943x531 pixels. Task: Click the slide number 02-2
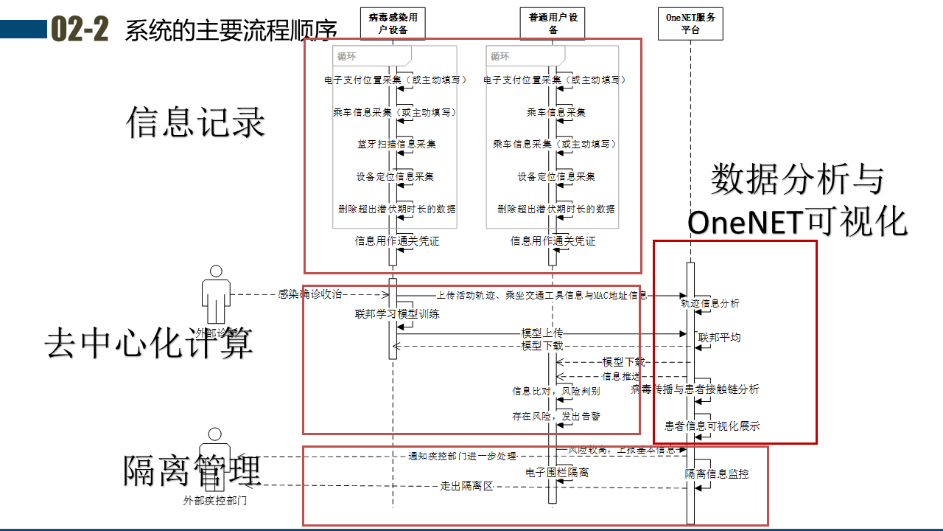click(80, 29)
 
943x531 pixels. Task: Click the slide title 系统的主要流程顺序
click(231, 31)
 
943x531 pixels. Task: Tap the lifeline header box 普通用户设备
click(553, 24)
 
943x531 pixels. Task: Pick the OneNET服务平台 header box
click(690, 24)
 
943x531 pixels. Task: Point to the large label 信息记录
click(195, 122)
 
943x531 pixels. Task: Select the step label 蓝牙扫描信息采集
click(396, 145)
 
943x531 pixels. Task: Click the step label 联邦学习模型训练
click(397, 314)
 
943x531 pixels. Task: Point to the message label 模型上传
click(541, 333)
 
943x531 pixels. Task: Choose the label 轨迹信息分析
click(710, 303)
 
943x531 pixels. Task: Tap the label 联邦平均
click(719, 338)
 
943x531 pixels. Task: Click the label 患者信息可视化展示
click(712, 426)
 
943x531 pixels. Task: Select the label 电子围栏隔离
click(557, 473)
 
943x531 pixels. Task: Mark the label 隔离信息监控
click(717, 474)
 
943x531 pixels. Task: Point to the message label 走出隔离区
click(466, 486)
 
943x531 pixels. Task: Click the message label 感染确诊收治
click(310, 294)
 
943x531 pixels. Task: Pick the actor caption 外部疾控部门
click(214, 502)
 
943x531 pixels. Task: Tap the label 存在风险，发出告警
click(556, 417)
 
